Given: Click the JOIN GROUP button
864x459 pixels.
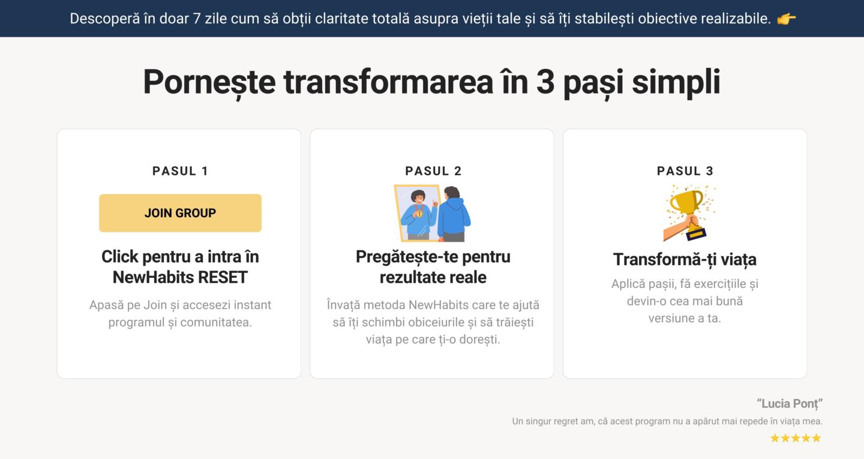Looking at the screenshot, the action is click(x=180, y=213).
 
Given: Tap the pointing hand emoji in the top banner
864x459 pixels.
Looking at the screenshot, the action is click(x=786, y=19).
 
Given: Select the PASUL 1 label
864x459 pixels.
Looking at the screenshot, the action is click(x=180, y=171).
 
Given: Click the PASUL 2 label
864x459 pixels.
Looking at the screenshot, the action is click(x=433, y=171).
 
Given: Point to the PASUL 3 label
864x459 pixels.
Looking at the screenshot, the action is click(x=685, y=171).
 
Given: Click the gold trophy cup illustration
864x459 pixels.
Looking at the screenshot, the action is click(x=687, y=205).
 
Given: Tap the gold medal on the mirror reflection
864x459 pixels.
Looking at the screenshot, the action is click(x=419, y=214).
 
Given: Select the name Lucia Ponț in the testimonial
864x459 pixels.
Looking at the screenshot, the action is click(x=790, y=403).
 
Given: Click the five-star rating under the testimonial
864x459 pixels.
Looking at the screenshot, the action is click(x=796, y=438).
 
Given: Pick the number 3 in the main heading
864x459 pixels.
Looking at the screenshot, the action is click(x=545, y=82).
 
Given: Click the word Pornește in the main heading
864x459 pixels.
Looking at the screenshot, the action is click(x=209, y=83).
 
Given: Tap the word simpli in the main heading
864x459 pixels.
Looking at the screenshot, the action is click(x=676, y=83).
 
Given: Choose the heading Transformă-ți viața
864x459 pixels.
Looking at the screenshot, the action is click(x=685, y=260).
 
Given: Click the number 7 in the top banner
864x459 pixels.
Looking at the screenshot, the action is click(x=197, y=19).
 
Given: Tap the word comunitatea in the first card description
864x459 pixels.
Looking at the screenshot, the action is click(x=216, y=322).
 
